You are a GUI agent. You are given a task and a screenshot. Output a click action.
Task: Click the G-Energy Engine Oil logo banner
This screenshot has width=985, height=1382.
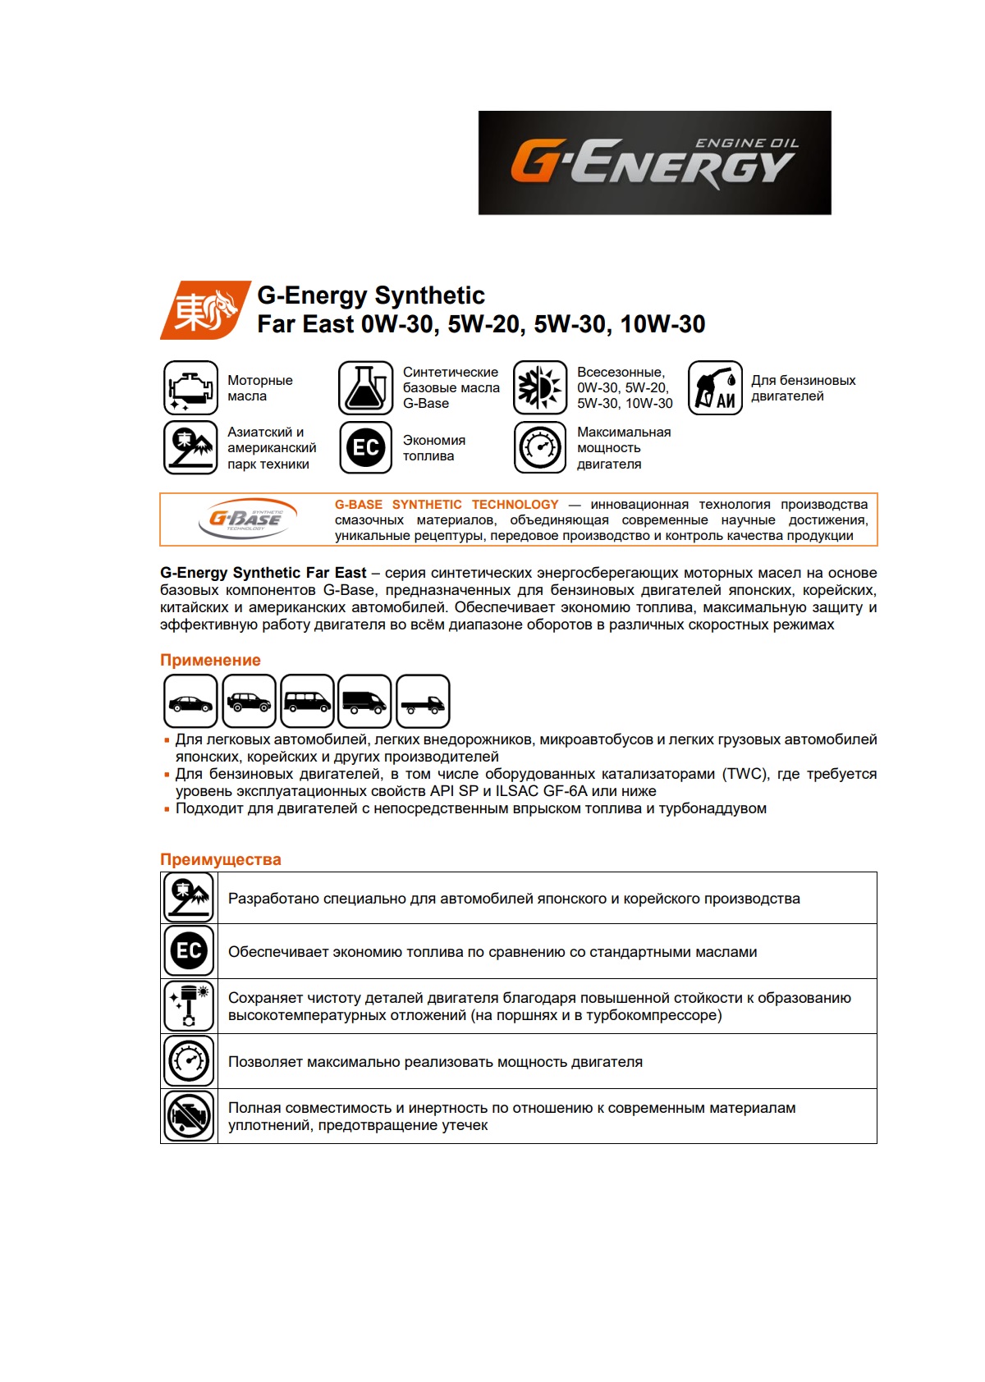(654, 162)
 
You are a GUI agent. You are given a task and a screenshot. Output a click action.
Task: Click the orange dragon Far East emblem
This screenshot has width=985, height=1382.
(204, 310)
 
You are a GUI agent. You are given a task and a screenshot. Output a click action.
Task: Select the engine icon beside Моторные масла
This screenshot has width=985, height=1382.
(190, 387)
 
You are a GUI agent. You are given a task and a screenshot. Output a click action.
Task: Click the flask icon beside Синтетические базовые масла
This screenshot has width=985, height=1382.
(365, 387)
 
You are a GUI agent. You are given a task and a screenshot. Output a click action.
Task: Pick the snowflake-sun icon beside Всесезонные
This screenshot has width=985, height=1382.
(540, 387)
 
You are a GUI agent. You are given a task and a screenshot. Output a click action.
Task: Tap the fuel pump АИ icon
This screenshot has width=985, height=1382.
(715, 387)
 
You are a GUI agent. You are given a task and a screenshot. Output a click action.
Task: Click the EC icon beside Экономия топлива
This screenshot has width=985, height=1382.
(365, 447)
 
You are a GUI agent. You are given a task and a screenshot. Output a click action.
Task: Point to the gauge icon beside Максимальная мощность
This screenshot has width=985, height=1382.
(540, 447)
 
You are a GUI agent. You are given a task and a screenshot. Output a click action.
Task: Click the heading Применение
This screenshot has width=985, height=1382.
(210, 660)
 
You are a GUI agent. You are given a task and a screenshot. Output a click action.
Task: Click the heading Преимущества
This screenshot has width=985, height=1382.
(220, 859)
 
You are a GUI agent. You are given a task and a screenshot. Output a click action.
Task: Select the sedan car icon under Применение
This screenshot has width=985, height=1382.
(190, 701)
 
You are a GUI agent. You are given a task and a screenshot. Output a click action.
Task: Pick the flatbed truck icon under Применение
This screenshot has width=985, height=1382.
(423, 701)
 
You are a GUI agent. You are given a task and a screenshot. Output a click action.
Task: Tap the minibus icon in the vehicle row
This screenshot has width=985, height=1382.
(307, 701)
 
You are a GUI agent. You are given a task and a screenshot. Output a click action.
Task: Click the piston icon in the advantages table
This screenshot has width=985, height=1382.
(190, 1005)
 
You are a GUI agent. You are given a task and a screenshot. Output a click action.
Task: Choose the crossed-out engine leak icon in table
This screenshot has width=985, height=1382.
(190, 1115)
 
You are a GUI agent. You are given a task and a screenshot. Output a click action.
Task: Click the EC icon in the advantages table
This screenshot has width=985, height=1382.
(190, 950)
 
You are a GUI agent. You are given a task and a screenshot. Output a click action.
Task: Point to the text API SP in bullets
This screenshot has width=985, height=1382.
(454, 791)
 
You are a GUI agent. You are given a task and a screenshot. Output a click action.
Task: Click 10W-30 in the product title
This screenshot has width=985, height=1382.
(662, 324)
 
